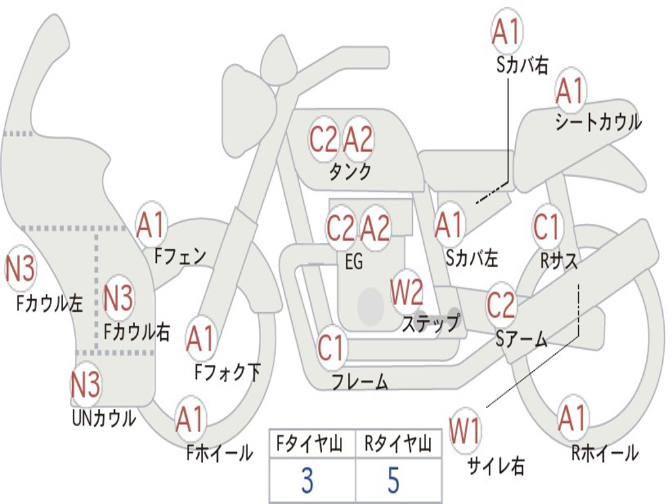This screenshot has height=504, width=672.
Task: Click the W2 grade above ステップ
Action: click(407, 293)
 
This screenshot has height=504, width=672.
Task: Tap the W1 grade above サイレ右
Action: click(465, 432)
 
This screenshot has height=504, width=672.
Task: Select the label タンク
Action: click(350, 172)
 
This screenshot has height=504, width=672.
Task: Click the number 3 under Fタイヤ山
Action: click(306, 481)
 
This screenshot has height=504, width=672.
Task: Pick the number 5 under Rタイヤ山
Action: click(393, 481)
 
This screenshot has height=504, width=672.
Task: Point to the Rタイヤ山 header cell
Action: click(398, 445)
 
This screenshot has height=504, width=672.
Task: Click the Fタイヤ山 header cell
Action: click(312, 445)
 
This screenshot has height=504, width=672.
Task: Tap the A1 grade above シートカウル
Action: click(570, 91)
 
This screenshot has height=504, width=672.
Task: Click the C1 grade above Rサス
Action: click(547, 227)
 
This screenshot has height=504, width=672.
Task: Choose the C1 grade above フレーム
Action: click(331, 348)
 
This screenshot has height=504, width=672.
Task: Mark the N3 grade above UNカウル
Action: click(86, 385)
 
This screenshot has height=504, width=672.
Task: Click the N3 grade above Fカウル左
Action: click(20, 269)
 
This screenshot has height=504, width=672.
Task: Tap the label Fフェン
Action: click(180, 255)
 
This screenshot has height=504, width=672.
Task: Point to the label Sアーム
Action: click(522, 339)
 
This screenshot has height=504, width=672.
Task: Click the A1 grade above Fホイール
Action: click(190, 420)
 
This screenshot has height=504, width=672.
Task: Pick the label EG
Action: click(354, 262)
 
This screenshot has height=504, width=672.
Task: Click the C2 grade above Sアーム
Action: click(501, 305)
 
